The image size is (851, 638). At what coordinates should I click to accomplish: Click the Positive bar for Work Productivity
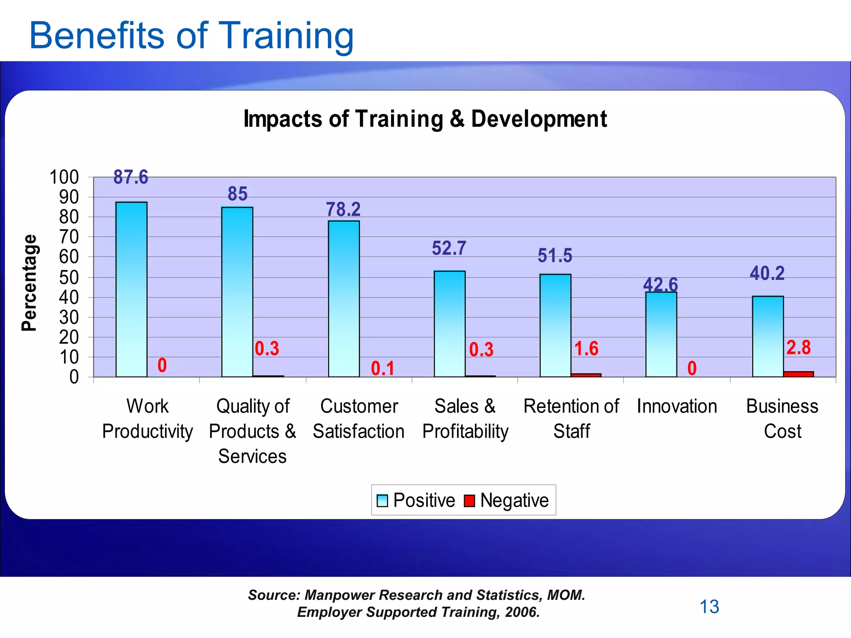click(x=131, y=290)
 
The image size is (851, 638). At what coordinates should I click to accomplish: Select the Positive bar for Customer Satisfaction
click(x=344, y=299)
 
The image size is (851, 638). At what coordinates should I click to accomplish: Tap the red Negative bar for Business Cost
click(x=798, y=374)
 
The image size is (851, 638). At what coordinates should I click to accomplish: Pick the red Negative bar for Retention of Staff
click(x=586, y=375)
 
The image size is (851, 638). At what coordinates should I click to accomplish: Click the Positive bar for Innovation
click(x=661, y=334)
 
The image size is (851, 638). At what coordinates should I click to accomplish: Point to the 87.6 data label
click(x=131, y=177)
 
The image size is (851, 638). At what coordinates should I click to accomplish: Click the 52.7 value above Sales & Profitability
click(x=449, y=248)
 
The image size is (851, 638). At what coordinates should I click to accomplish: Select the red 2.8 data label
click(x=798, y=348)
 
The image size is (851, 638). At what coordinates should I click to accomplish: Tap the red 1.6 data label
click(x=586, y=349)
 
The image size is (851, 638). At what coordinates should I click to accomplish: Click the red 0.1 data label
click(x=382, y=368)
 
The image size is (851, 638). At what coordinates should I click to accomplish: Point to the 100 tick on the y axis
click(x=64, y=177)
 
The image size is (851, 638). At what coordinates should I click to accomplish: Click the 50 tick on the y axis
click(x=69, y=277)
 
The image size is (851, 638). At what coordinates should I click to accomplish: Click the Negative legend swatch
click(x=469, y=501)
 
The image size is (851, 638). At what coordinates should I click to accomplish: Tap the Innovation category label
click(x=677, y=406)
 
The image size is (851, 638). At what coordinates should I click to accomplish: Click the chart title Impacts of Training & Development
click(x=425, y=119)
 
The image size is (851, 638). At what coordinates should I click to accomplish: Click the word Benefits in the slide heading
click(x=97, y=36)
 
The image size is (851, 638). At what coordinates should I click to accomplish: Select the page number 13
click(x=709, y=607)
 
